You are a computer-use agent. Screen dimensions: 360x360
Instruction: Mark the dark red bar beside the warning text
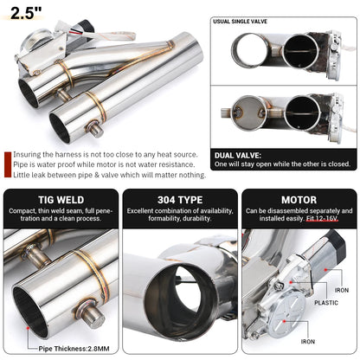pos(7,164)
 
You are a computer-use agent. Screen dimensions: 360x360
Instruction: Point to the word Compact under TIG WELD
pos(20,210)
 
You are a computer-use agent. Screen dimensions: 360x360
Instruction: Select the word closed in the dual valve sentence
pos(338,164)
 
